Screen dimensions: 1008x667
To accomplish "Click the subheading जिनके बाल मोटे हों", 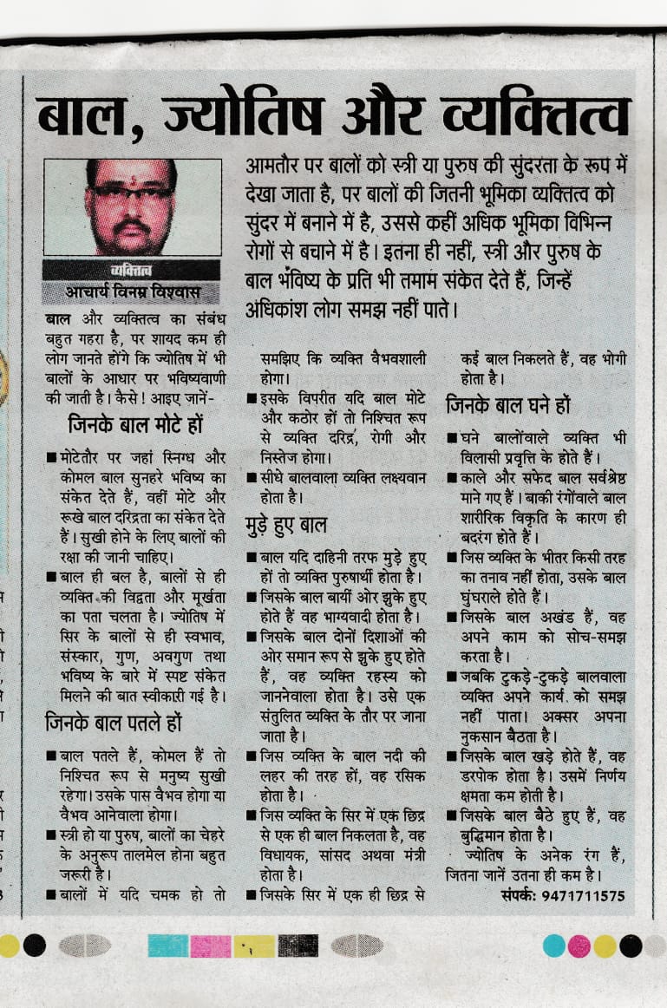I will click(136, 425).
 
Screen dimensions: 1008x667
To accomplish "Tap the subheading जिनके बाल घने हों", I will click(507, 404).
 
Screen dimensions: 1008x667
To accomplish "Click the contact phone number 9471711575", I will click(582, 895).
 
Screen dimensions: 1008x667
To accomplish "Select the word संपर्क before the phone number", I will click(520, 895).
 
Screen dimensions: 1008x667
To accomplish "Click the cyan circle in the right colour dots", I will click(554, 946).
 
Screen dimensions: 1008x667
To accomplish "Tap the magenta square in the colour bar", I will click(211, 946).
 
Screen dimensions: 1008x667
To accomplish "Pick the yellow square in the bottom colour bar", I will click(253, 946).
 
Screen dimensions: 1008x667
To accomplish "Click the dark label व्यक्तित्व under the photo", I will click(132, 271).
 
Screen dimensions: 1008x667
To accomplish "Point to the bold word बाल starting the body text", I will click(58, 320).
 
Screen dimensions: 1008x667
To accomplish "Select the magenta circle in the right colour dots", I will click(579, 946).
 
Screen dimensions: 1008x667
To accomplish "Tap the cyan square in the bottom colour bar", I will click(167, 946).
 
